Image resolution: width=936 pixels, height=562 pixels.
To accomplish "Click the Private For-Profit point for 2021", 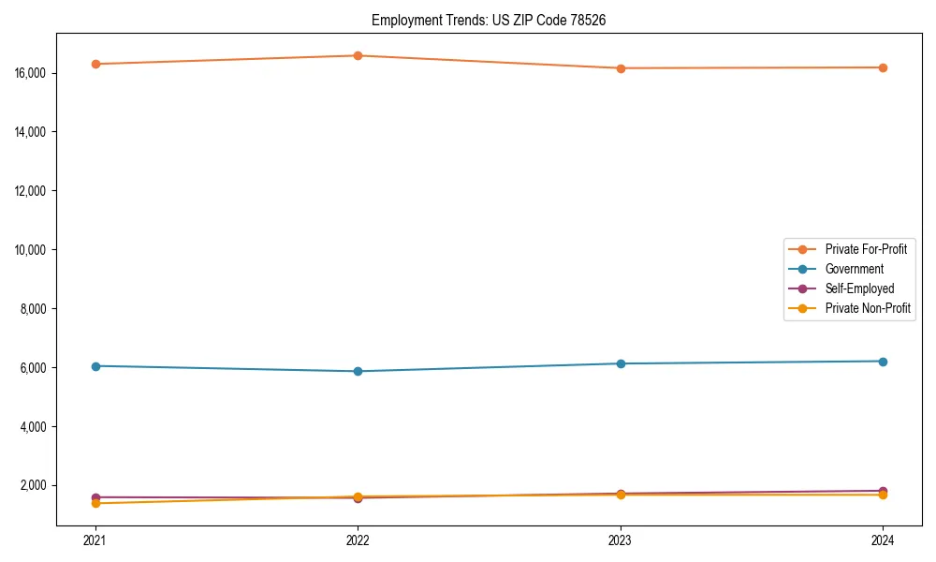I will tap(95, 64).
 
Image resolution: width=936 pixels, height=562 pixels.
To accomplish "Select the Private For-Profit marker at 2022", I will tap(358, 55).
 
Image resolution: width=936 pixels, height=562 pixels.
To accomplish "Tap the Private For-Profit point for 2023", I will tap(621, 68).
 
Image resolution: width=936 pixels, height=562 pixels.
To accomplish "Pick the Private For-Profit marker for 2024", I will tap(883, 67).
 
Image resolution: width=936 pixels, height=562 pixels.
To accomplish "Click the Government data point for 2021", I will tap(95, 366).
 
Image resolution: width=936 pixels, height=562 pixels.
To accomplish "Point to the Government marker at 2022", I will tap(358, 371).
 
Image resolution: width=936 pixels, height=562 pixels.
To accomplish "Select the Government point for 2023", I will tap(621, 363).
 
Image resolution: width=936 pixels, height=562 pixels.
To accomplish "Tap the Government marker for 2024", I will tap(883, 362).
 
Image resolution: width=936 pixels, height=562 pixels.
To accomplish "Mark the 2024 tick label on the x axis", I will tap(883, 540).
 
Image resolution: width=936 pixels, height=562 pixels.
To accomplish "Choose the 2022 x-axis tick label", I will tap(358, 540).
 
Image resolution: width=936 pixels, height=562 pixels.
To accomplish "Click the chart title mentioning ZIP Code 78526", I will tap(489, 20).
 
